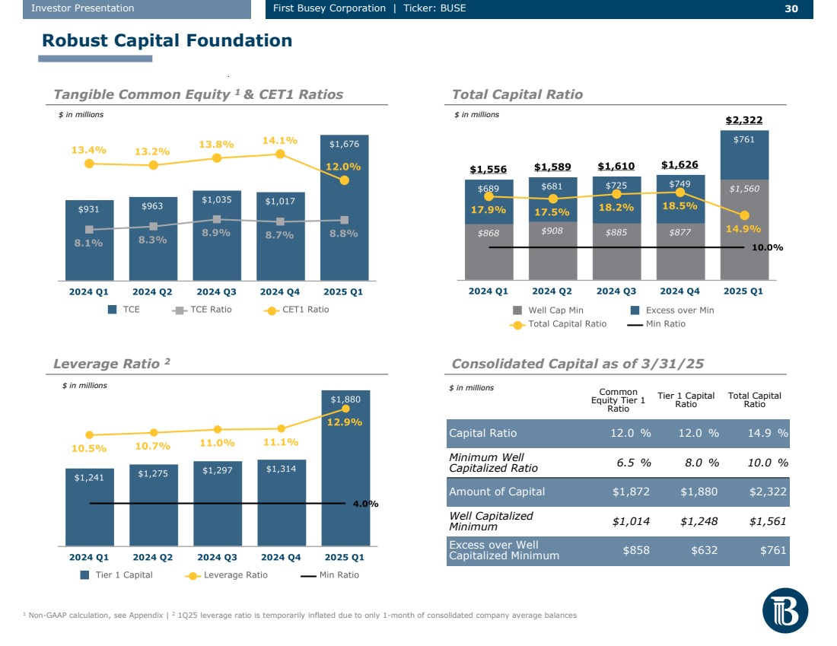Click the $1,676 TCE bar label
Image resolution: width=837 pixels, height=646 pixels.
(x=344, y=144)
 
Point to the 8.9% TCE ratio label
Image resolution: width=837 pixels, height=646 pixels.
(x=217, y=234)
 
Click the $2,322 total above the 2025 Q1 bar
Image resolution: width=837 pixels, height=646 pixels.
(x=743, y=120)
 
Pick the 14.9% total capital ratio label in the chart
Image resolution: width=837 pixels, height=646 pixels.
(x=743, y=228)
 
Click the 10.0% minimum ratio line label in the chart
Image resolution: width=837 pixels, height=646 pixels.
(x=768, y=248)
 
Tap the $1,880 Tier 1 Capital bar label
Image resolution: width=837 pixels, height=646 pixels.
(x=345, y=399)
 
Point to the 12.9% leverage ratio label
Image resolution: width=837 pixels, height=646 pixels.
(x=344, y=422)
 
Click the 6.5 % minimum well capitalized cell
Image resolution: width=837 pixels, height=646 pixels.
(x=632, y=463)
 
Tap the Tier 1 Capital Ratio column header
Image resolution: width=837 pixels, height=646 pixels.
(x=686, y=399)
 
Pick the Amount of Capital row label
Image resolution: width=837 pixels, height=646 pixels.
(x=497, y=492)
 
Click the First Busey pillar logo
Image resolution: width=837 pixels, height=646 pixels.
(x=785, y=612)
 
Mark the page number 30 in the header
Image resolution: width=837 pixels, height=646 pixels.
(x=791, y=8)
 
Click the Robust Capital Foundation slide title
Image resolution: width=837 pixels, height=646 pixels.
(x=167, y=41)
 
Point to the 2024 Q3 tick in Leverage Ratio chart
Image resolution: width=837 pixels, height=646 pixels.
(x=218, y=557)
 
